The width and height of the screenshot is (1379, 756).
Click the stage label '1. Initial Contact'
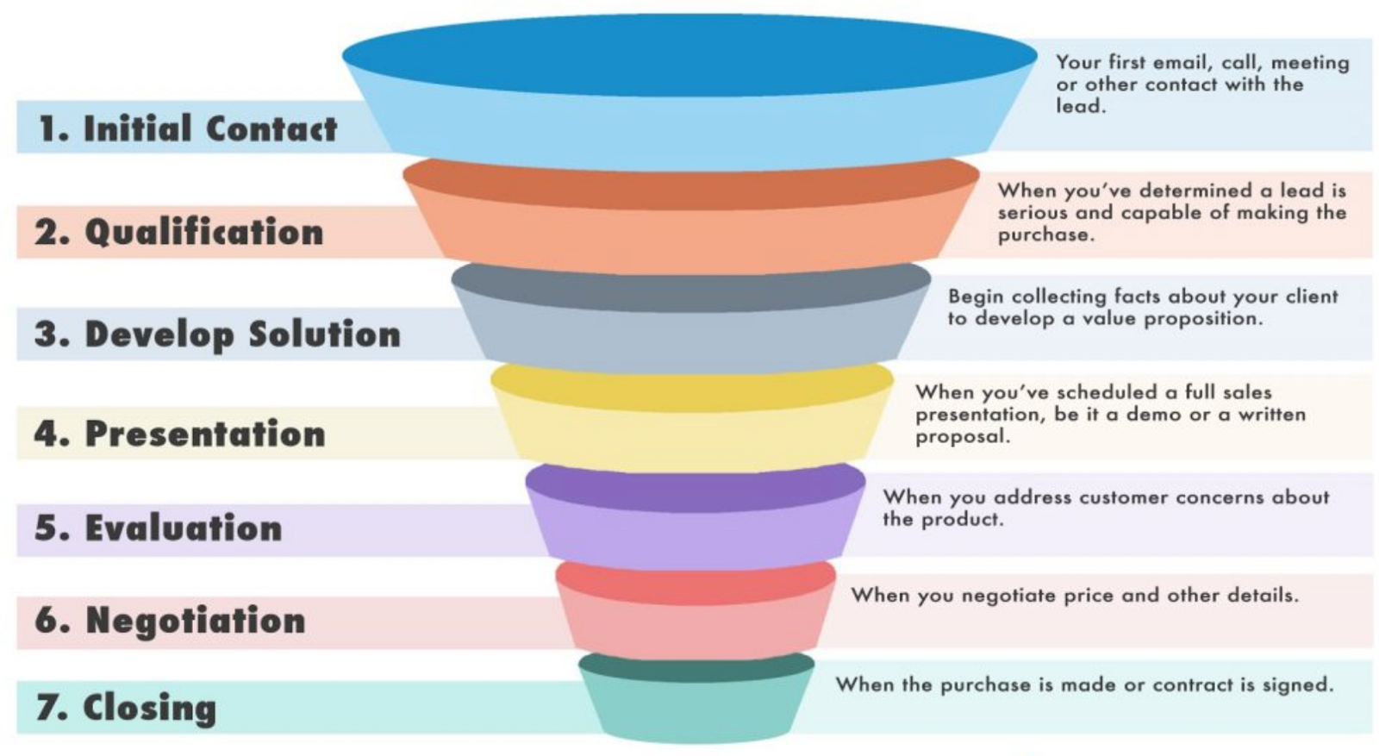point(187,128)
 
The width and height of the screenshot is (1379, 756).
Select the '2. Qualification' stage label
point(178,232)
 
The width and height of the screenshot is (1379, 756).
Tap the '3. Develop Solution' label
point(217,334)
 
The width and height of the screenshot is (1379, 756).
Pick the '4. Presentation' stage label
point(179,433)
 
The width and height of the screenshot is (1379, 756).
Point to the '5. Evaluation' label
point(158,528)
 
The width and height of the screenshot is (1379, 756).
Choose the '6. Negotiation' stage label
point(170,620)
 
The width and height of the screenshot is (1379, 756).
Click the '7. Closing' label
point(126,708)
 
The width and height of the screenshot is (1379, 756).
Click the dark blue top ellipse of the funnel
point(689,53)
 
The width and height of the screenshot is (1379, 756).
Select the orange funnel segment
point(689,233)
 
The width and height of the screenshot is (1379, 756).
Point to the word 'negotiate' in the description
point(1007,596)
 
